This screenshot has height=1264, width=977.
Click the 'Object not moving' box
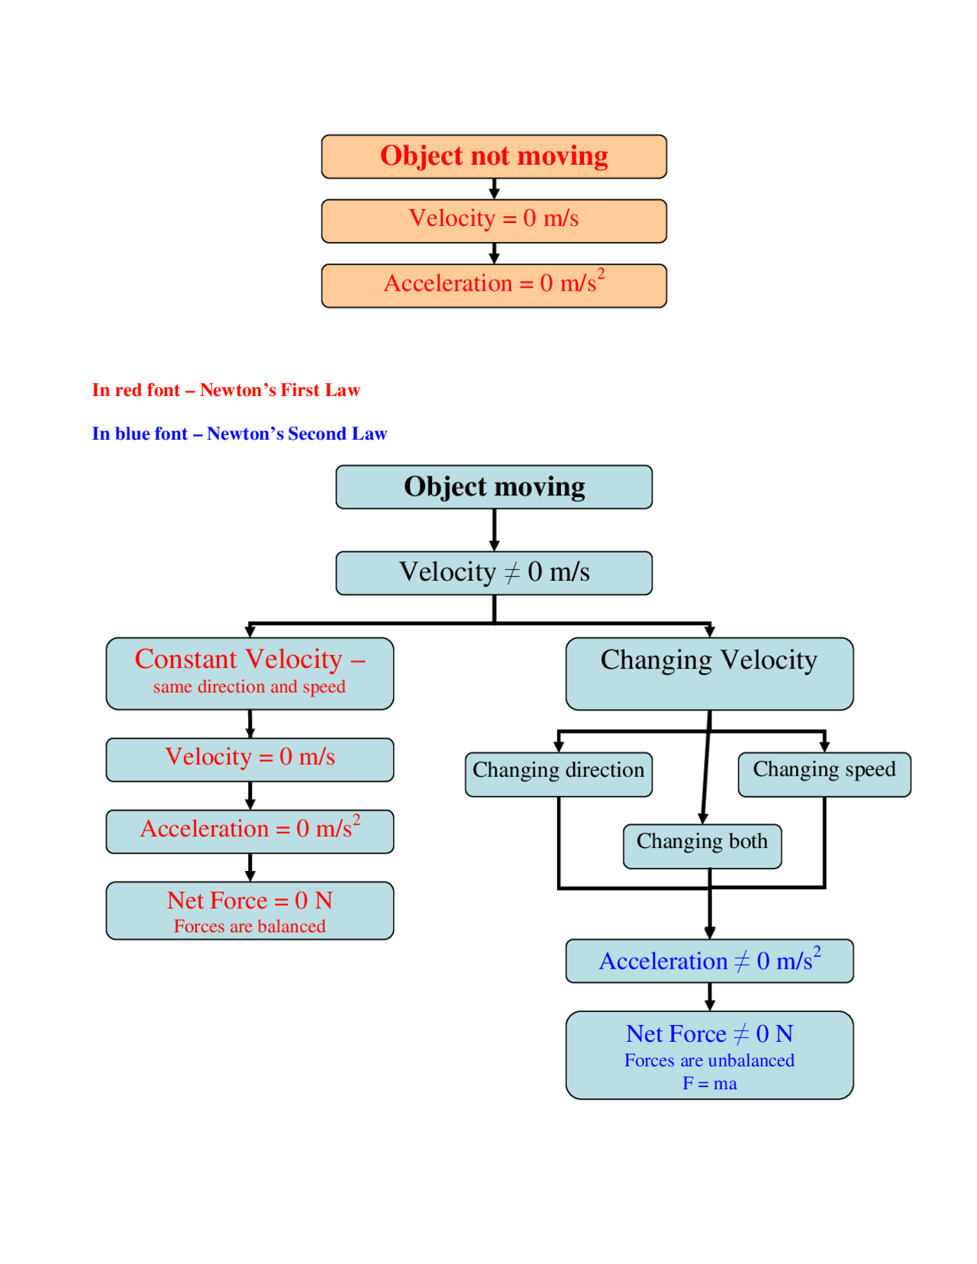pos(494,156)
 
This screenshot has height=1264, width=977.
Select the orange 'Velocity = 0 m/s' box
pos(494,221)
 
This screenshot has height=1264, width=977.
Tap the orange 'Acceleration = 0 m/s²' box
pos(494,285)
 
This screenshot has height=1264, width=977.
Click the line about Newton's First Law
pos(226,390)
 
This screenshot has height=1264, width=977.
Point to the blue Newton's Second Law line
pos(240,434)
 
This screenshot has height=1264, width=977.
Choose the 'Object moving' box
pos(494,487)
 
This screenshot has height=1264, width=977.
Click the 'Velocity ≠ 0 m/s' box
pos(494,572)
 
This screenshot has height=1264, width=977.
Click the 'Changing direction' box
pos(559,773)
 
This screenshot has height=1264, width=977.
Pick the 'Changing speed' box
pos(824,773)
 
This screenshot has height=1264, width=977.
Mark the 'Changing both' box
pos(702,845)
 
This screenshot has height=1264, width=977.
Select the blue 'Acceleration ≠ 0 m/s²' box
pos(709,961)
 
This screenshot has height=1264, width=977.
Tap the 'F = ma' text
pos(710,1084)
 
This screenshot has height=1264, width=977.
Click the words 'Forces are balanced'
pos(250,927)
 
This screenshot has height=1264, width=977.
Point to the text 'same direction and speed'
pos(250,687)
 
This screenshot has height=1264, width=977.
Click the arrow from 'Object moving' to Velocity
pos(495,530)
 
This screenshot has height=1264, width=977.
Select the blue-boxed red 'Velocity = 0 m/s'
pos(250,759)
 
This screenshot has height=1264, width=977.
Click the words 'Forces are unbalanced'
pos(710,1061)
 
